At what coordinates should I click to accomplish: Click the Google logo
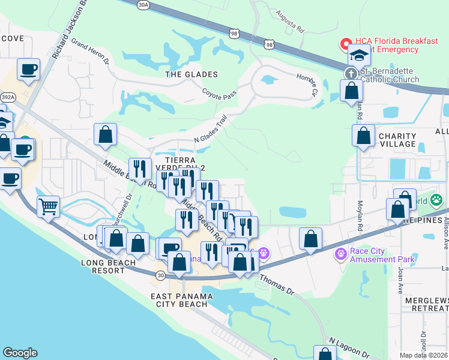point(20,353)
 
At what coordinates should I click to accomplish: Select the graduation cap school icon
point(360,55)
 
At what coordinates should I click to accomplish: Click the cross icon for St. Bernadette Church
point(351,73)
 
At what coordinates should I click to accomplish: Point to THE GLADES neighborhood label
point(191,74)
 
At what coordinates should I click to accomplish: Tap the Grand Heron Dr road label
point(90,51)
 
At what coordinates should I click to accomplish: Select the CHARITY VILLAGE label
point(397,140)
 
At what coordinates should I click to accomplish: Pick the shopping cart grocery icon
point(48,207)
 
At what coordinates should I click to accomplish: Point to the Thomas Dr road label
point(277,284)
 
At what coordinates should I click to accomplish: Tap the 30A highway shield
point(143,5)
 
